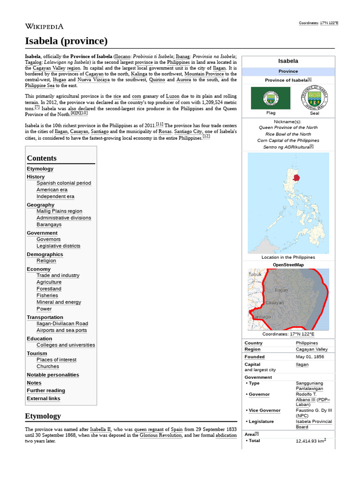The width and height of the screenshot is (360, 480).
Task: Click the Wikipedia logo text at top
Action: (44, 27)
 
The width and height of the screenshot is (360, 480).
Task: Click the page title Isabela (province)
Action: (66, 41)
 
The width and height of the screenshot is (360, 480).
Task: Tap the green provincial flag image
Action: (270, 98)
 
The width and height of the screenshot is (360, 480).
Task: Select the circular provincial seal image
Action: (314, 98)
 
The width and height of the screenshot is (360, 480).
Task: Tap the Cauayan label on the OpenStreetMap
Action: (274, 303)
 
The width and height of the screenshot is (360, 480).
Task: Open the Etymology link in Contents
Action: (40, 169)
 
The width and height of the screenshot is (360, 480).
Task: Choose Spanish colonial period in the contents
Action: (64, 183)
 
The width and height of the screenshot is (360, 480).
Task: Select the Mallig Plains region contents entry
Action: (59, 211)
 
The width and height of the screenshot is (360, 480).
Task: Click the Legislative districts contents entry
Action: (58, 246)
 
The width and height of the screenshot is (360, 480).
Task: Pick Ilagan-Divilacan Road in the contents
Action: (62, 324)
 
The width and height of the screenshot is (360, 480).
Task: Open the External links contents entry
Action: (43, 399)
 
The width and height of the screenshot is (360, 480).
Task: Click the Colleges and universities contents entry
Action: (66, 345)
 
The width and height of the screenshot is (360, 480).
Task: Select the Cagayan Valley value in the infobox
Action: (312, 349)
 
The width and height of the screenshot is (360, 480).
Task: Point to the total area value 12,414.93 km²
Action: (311, 441)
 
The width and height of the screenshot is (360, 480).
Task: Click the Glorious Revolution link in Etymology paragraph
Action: (160, 435)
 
